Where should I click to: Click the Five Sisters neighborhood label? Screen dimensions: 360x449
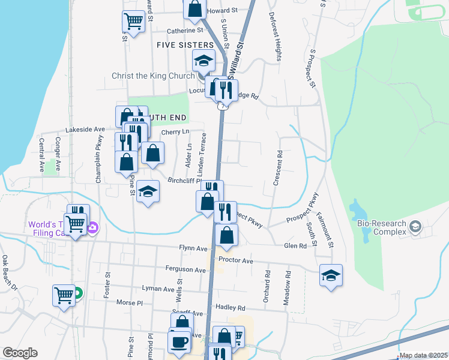pos(185,45)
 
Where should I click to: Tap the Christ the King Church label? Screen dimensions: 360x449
pos(153,76)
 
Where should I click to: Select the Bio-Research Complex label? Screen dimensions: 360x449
pos(382,228)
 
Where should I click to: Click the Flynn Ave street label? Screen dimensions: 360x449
pos(193,248)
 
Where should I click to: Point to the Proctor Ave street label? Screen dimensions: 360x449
pos(236,260)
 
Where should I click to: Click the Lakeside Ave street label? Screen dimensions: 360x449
pos(85,129)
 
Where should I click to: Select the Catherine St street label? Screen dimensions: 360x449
pos(185,31)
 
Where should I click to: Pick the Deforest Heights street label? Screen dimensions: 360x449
pos(279,37)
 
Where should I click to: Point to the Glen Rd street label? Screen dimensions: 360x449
pos(295,246)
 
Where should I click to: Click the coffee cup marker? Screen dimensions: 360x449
pos(179,343)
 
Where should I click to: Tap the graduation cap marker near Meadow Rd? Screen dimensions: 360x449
pos(331,275)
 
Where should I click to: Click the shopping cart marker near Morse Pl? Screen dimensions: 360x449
pos(64,295)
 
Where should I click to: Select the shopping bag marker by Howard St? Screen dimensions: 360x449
pos(194,8)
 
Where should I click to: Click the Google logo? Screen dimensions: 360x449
pos(20,353)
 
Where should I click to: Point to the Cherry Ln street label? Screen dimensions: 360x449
pos(175,132)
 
